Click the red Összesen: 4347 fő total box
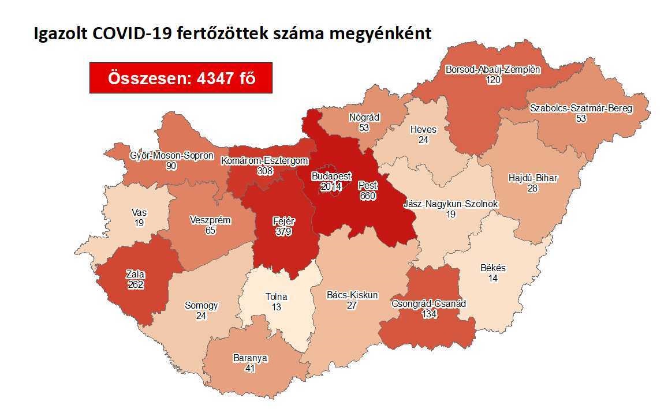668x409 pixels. (181, 78)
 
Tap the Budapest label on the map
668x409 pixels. (331, 176)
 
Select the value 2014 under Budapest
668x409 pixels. (331, 186)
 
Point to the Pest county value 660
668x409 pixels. (367, 196)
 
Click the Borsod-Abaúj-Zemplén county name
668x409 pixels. (492, 70)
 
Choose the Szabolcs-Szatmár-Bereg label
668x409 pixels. (581, 108)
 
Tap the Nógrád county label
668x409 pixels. (364, 117)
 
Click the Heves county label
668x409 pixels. (423, 129)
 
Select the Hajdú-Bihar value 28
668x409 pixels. (532, 188)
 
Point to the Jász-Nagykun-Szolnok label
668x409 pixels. (450, 204)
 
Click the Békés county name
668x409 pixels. (492, 268)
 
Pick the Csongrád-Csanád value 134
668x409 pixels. (428, 314)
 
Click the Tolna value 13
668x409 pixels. (277, 307)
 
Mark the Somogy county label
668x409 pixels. (201, 305)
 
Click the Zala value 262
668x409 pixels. (136, 284)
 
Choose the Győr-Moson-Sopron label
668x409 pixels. (171, 156)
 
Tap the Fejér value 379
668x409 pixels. (283, 231)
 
